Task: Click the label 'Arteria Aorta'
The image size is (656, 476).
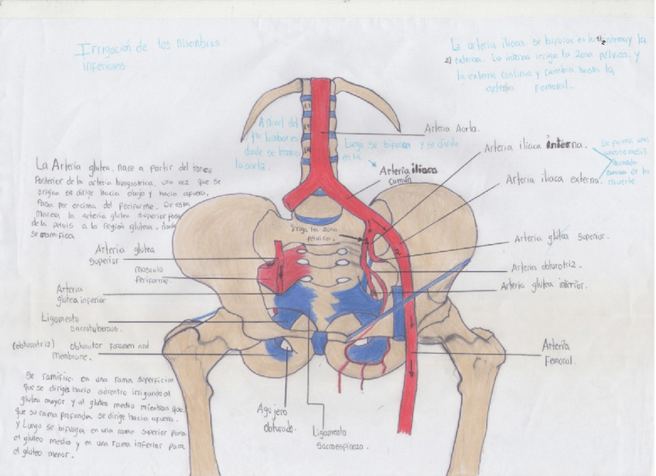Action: click(x=452, y=129)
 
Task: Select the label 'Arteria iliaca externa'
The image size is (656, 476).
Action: click(x=552, y=179)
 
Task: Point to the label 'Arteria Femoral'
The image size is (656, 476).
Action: click(x=557, y=352)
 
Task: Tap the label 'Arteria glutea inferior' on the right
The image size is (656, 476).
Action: click(x=543, y=285)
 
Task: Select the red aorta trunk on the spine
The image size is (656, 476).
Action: click(x=319, y=139)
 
